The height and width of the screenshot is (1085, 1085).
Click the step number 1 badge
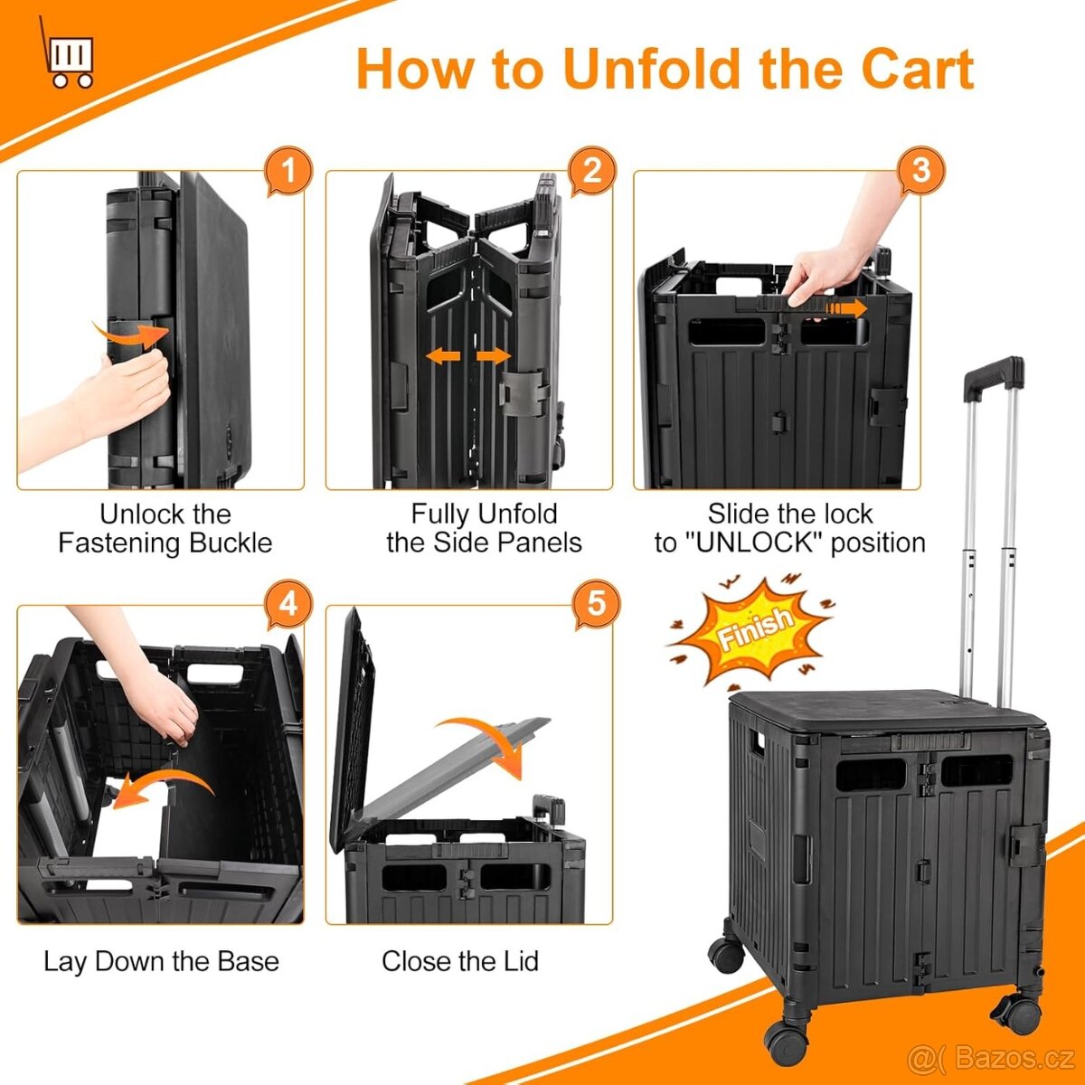coord(288,171)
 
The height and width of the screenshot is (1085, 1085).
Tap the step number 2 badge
coord(591,171)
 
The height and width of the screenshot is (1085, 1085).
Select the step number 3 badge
coord(920,170)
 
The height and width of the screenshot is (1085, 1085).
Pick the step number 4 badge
coord(288,605)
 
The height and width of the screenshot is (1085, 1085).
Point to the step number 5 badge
coord(596,605)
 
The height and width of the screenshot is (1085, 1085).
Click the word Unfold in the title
coord(656,70)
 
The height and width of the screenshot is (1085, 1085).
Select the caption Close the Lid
coord(460,961)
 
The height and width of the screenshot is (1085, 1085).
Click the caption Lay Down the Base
coord(162,961)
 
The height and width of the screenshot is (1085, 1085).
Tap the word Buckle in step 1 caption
coord(231,543)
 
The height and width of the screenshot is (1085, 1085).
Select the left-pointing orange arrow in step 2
coord(443,356)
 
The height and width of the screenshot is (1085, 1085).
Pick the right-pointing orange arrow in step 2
coord(494,356)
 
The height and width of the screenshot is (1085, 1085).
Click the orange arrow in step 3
coord(846,308)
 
